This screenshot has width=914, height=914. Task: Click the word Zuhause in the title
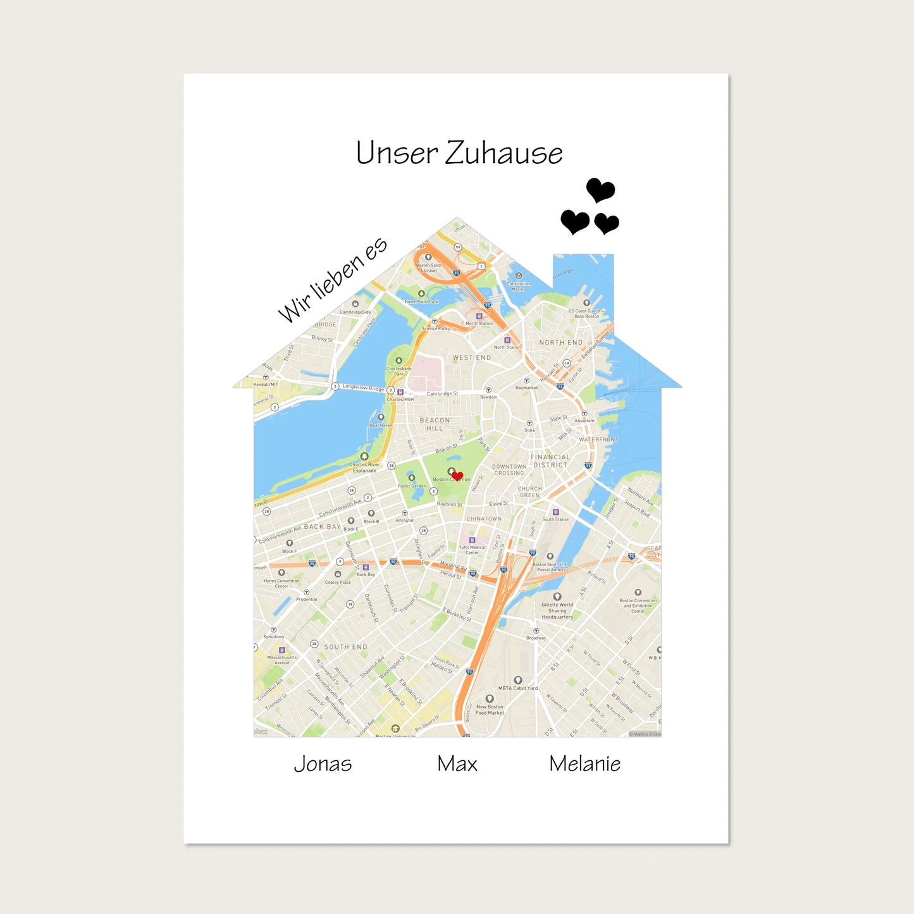point(503,154)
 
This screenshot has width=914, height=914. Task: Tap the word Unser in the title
point(397,154)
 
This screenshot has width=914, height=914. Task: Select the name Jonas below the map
point(323,764)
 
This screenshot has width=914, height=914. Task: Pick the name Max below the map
point(457,764)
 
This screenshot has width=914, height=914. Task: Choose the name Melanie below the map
point(584,764)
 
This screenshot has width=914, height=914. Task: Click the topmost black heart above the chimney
point(600,189)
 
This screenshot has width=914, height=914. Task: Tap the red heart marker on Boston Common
point(457,476)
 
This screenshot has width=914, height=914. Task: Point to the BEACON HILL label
point(435,424)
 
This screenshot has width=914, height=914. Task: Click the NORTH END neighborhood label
point(560,343)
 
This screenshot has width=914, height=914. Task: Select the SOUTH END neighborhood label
point(345,647)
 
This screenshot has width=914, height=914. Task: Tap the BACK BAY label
point(322,527)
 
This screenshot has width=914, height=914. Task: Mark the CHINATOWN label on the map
point(483,519)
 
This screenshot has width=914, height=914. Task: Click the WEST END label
point(471,358)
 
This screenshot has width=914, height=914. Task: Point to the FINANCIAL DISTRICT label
point(550,461)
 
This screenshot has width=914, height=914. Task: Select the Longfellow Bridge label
point(363,387)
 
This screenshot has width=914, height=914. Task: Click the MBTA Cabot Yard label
point(518,688)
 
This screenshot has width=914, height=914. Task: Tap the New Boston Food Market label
point(490,710)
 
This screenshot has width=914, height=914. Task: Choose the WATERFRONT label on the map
point(598,440)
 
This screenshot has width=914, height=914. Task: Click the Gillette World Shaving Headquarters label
point(557,610)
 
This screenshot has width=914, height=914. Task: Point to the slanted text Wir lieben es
point(332,280)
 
